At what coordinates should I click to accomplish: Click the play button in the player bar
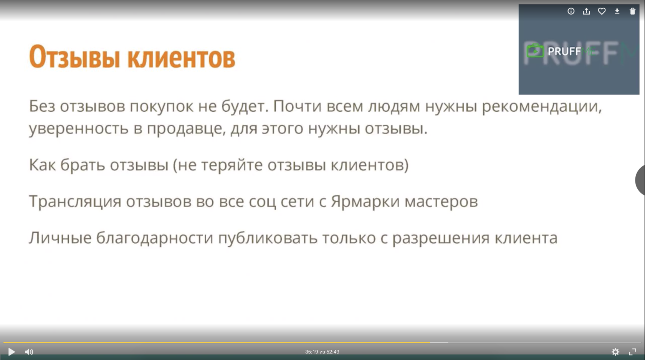12,352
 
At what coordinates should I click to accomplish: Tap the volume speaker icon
29,352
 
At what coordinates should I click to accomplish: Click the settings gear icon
615,352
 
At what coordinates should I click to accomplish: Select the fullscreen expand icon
632,352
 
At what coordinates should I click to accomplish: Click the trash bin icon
632,11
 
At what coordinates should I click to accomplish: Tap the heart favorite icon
602,11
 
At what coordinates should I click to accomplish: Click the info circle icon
571,11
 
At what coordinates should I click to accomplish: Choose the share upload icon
586,11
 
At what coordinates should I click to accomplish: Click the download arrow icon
617,11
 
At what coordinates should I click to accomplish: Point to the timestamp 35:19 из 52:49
322,352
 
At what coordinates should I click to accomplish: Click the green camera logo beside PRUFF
535,51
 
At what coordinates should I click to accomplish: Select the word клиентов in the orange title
181,58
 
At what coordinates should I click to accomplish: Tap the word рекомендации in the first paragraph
542,107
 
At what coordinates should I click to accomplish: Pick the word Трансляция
75,202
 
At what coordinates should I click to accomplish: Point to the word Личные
60,238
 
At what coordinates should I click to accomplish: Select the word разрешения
441,239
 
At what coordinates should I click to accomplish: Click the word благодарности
155,238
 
